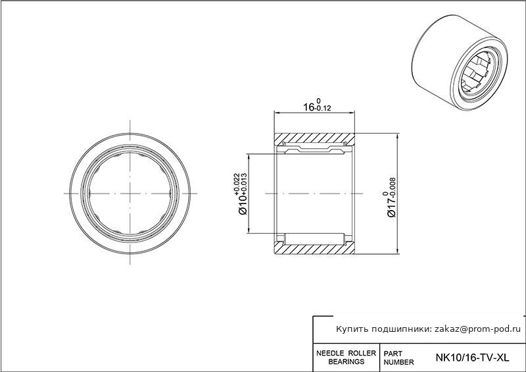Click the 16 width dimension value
coord(308,107)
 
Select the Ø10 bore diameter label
coord(243,204)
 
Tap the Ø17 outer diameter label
coord(391,207)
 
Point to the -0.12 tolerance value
coord(323,108)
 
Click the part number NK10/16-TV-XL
coord(472,358)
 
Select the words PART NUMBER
coord(398,358)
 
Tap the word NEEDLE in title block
coord(330,353)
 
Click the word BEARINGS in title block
coord(347,362)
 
